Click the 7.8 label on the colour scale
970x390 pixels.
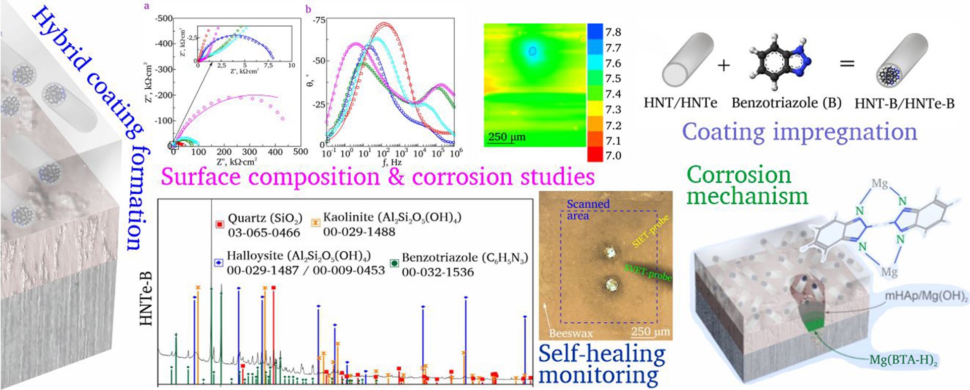(613, 32)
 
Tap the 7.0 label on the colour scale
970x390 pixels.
(613, 156)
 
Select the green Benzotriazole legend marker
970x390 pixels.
(395, 263)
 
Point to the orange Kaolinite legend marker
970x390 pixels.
(315, 222)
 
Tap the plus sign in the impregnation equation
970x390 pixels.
(724, 65)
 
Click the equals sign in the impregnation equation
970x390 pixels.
(847, 64)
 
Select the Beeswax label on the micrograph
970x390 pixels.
(570, 333)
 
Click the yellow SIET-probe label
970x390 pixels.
(651, 231)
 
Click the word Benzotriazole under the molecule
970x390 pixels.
(775, 103)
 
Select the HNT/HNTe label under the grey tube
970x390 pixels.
(680, 103)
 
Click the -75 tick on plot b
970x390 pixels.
(318, 21)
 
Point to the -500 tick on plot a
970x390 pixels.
(164, 19)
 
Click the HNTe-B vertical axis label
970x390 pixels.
(146, 298)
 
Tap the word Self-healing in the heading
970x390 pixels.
(602, 354)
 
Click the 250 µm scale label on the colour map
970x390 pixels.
(507, 137)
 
